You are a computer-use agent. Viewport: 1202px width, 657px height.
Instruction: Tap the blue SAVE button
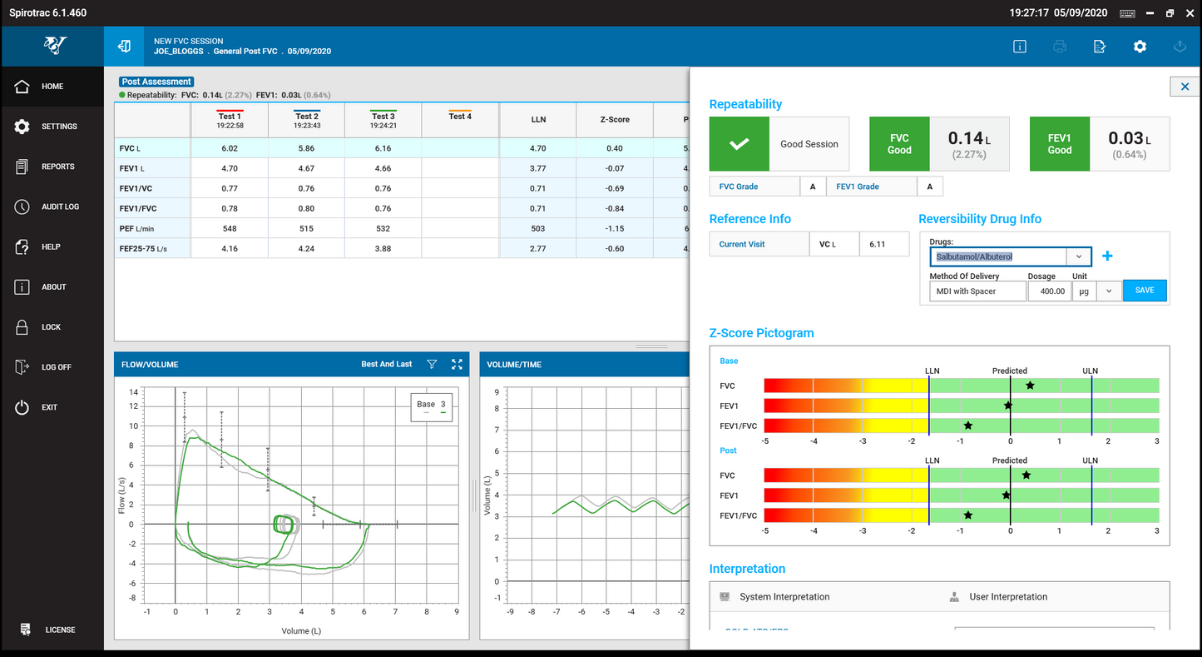1145,291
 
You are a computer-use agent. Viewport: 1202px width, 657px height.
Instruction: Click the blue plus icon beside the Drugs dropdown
1107,256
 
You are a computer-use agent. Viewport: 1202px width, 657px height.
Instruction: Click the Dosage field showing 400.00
1049,291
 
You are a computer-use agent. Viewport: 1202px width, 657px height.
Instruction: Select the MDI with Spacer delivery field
977,291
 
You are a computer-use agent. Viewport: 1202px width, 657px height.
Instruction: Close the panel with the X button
1185,87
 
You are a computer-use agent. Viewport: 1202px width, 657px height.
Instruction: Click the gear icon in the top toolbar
1140,47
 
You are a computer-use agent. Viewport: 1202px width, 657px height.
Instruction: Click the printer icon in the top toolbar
1060,47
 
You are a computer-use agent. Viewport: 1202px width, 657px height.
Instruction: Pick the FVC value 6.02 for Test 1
230,148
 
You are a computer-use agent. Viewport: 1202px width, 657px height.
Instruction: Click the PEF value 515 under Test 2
306,228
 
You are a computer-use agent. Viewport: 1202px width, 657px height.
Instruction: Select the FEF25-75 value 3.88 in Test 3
383,248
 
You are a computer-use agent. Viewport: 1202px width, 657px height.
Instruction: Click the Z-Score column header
614,120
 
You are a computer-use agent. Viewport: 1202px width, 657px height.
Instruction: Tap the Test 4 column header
460,117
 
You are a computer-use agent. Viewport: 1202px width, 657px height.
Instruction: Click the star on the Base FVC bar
1030,386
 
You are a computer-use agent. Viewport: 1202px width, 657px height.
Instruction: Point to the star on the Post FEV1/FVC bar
968,515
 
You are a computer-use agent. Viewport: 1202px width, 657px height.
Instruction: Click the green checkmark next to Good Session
739,144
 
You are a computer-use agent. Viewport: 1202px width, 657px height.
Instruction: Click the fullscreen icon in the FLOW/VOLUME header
457,364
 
